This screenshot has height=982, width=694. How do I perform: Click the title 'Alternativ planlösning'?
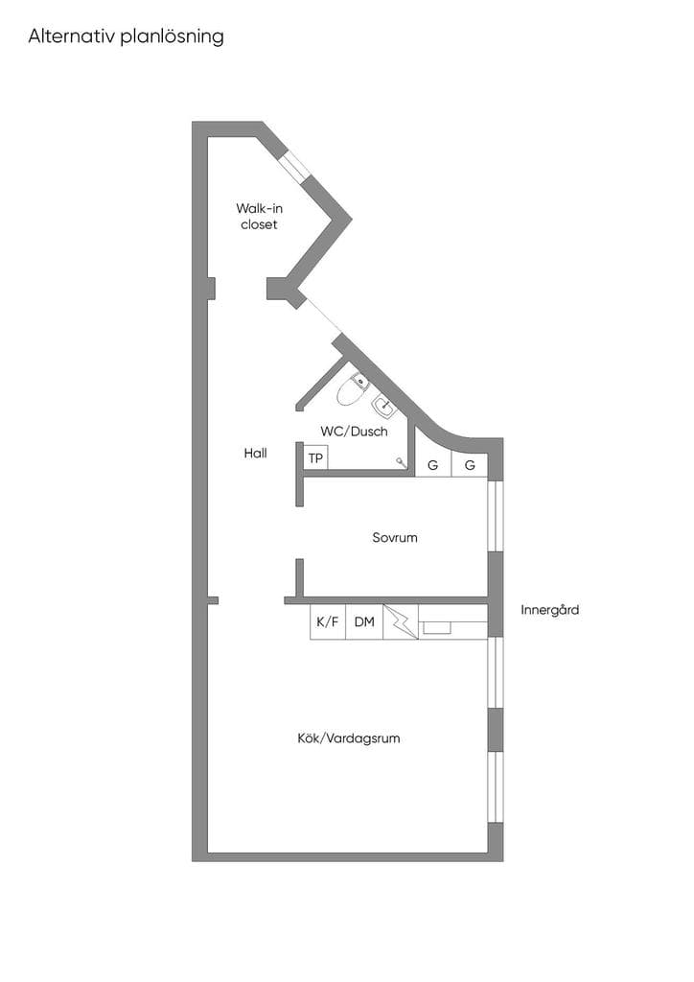coord(126,36)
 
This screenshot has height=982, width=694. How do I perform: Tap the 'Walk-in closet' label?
coord(259,216)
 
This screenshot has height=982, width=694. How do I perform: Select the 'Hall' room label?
coord(255,453)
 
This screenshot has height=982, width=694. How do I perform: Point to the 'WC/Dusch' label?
coord(355,431)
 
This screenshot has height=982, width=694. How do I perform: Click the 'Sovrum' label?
coord(395,537)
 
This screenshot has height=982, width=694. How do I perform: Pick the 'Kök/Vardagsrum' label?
coord(349,738)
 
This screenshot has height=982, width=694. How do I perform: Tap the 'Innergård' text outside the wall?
coord(550,609)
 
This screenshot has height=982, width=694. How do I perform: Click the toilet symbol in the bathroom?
coord(352,389)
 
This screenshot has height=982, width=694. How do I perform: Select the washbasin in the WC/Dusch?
coord(384,408)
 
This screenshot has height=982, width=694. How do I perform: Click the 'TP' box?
coord(316,457)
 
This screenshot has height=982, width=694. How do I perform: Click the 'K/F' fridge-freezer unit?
coord(327,621)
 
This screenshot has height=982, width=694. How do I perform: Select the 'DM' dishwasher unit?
coord(364,621)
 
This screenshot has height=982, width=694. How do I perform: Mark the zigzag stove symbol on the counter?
coord(401,621)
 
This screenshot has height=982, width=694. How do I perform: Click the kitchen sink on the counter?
coord(437,627)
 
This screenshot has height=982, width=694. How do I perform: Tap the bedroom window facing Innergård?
coord(496,515)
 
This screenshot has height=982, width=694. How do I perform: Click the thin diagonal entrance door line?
coord(322,315)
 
